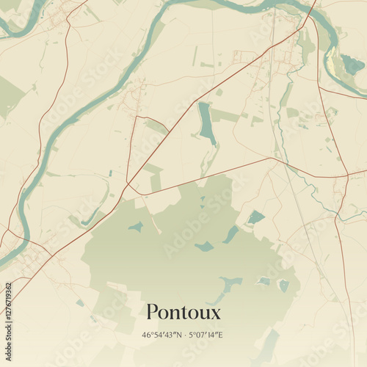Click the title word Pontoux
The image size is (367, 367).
pos(183,312)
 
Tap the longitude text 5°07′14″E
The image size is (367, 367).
pos(206,335)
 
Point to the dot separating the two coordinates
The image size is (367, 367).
pos(184,335)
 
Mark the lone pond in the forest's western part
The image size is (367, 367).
pos(136,227)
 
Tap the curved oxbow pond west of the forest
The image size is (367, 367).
pos(92,216)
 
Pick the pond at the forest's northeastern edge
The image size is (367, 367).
pos(255,217)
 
